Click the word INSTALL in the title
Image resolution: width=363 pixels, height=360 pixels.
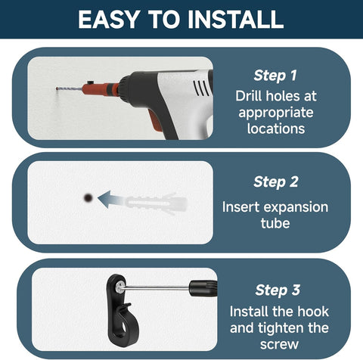[x=236, y=20]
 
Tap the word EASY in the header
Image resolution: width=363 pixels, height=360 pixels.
[x=109, y=20]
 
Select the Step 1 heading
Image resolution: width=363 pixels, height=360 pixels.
[x=275, y=76]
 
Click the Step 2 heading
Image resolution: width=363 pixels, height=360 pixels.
[x=276, y=182]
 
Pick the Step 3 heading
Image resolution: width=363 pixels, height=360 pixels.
[x=278, y=290]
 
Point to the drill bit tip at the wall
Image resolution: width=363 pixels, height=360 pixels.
[x=57, y=88]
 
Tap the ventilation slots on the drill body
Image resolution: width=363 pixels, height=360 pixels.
[x=201, y=88]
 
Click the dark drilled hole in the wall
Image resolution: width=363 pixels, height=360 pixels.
[x=88, y=198]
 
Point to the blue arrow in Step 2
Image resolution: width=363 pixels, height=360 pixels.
[x=110, y=200]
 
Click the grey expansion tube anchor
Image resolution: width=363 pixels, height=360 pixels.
[x=157, y=203]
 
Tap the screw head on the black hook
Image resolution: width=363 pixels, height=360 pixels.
[x=120, y=287]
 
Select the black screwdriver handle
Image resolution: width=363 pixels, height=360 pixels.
[x=203, y=288]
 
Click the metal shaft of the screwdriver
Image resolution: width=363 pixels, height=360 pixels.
[x=157, y=287]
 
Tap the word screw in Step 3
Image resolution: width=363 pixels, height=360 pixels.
[x=279, y=345]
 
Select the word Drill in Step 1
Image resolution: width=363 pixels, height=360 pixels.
[x=249, y=96]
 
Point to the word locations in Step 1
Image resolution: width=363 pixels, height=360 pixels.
[x=276, y=129]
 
